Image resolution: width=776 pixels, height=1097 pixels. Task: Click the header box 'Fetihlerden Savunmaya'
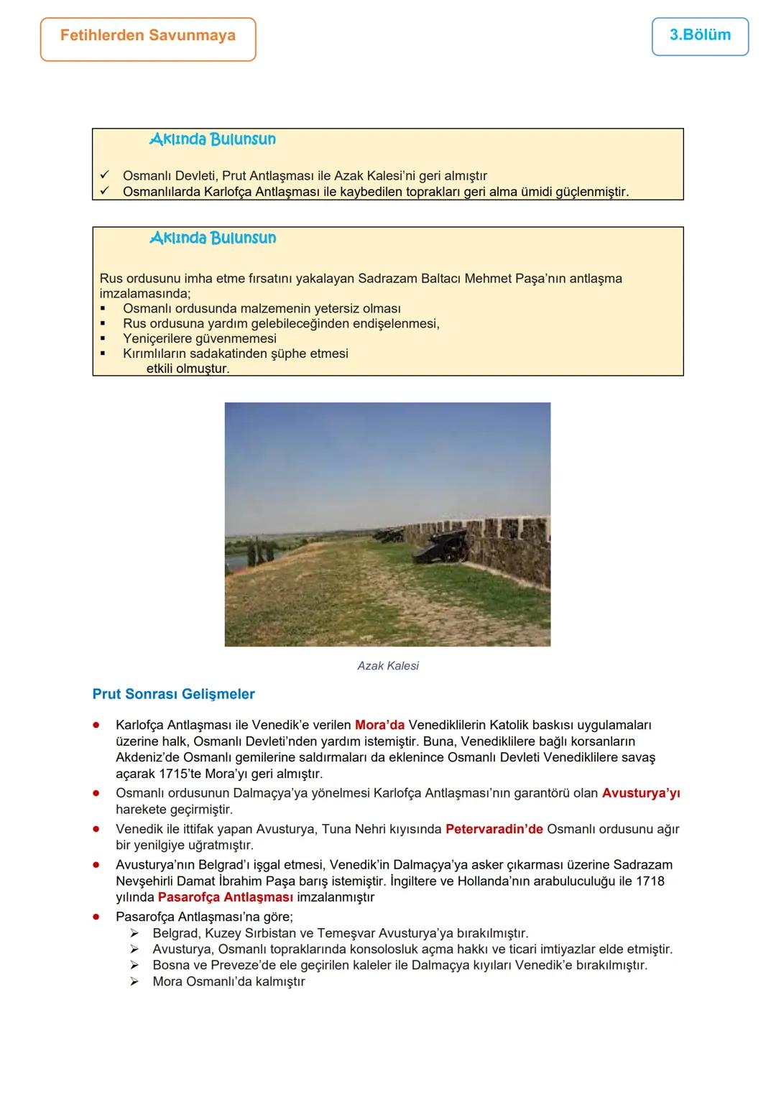point(148,36)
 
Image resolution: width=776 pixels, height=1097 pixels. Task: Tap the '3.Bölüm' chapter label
point(700,35)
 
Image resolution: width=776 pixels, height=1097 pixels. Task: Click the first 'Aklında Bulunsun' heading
point(213,139)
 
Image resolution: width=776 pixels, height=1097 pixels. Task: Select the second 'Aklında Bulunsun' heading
point(213,238)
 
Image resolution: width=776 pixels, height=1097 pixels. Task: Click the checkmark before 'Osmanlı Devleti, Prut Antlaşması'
point(105,175)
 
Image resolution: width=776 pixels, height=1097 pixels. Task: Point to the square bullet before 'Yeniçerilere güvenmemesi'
point(104,338)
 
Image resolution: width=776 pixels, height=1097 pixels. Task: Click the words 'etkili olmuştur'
point(188,369)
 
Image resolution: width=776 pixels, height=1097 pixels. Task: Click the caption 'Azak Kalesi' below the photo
point(388,666)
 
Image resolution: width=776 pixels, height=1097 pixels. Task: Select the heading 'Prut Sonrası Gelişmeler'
point(174,694)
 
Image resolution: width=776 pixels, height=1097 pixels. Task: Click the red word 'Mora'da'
point(379,725)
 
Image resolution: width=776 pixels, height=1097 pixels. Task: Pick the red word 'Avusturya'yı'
point(641,793)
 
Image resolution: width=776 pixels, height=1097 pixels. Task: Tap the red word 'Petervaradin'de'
point(494,829)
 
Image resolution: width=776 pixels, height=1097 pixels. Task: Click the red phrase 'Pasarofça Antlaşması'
point(225,897)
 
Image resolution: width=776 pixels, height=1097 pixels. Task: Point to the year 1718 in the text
point(650,881)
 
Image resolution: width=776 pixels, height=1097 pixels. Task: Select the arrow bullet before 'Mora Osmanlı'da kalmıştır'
point(134,981)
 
